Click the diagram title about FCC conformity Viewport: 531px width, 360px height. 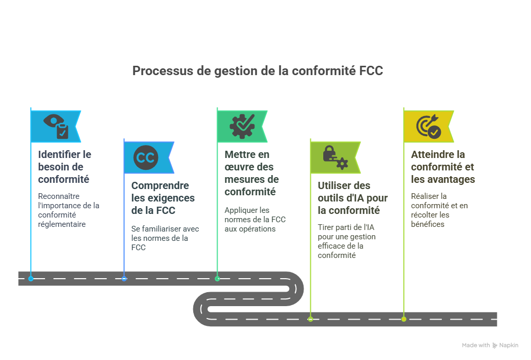tap(257, 71)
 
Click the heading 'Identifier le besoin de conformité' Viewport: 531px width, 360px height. tap(65, 167)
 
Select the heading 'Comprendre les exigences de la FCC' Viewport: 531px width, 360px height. tap(163, 198)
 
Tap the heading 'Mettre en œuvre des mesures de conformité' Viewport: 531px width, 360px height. tap(251, 173)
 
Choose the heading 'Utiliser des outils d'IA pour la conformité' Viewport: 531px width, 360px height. tap(352, 198)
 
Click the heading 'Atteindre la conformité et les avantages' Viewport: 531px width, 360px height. tap(442, 167)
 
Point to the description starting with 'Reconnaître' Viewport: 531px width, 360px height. tap(68, 210)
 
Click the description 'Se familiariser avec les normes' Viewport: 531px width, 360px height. tap(165, 238)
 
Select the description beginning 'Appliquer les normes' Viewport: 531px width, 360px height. tap(255, 219)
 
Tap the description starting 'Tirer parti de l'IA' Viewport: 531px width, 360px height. tap(347, 241)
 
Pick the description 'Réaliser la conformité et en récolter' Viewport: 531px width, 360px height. tap(439, 210)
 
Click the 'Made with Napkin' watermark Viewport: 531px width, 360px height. tap(490, 345)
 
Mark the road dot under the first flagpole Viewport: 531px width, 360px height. tap(31, 279)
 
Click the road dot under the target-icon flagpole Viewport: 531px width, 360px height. tap(404, 319)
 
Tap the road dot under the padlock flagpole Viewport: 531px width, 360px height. tap(310, 319)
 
